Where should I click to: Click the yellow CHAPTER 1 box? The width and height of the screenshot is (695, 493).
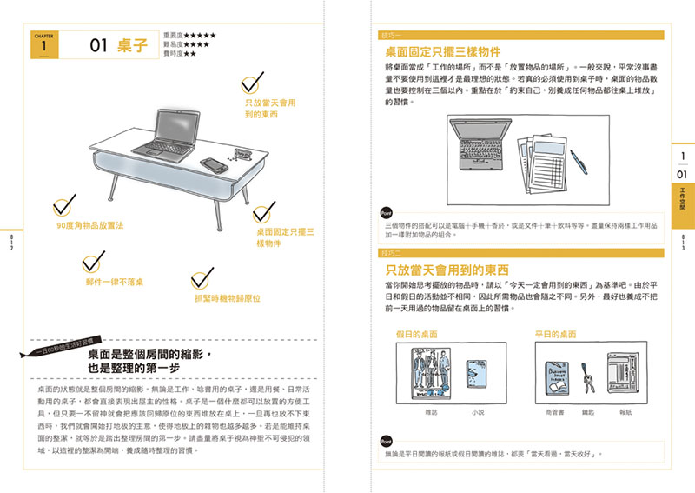pos(45,45)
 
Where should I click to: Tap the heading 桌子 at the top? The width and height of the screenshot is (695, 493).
pos(130,46)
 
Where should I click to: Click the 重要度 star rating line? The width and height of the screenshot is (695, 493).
pos(189,36)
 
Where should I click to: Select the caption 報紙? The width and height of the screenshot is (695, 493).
pos(625,412)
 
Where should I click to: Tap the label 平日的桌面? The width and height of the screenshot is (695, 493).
pos(556,334)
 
